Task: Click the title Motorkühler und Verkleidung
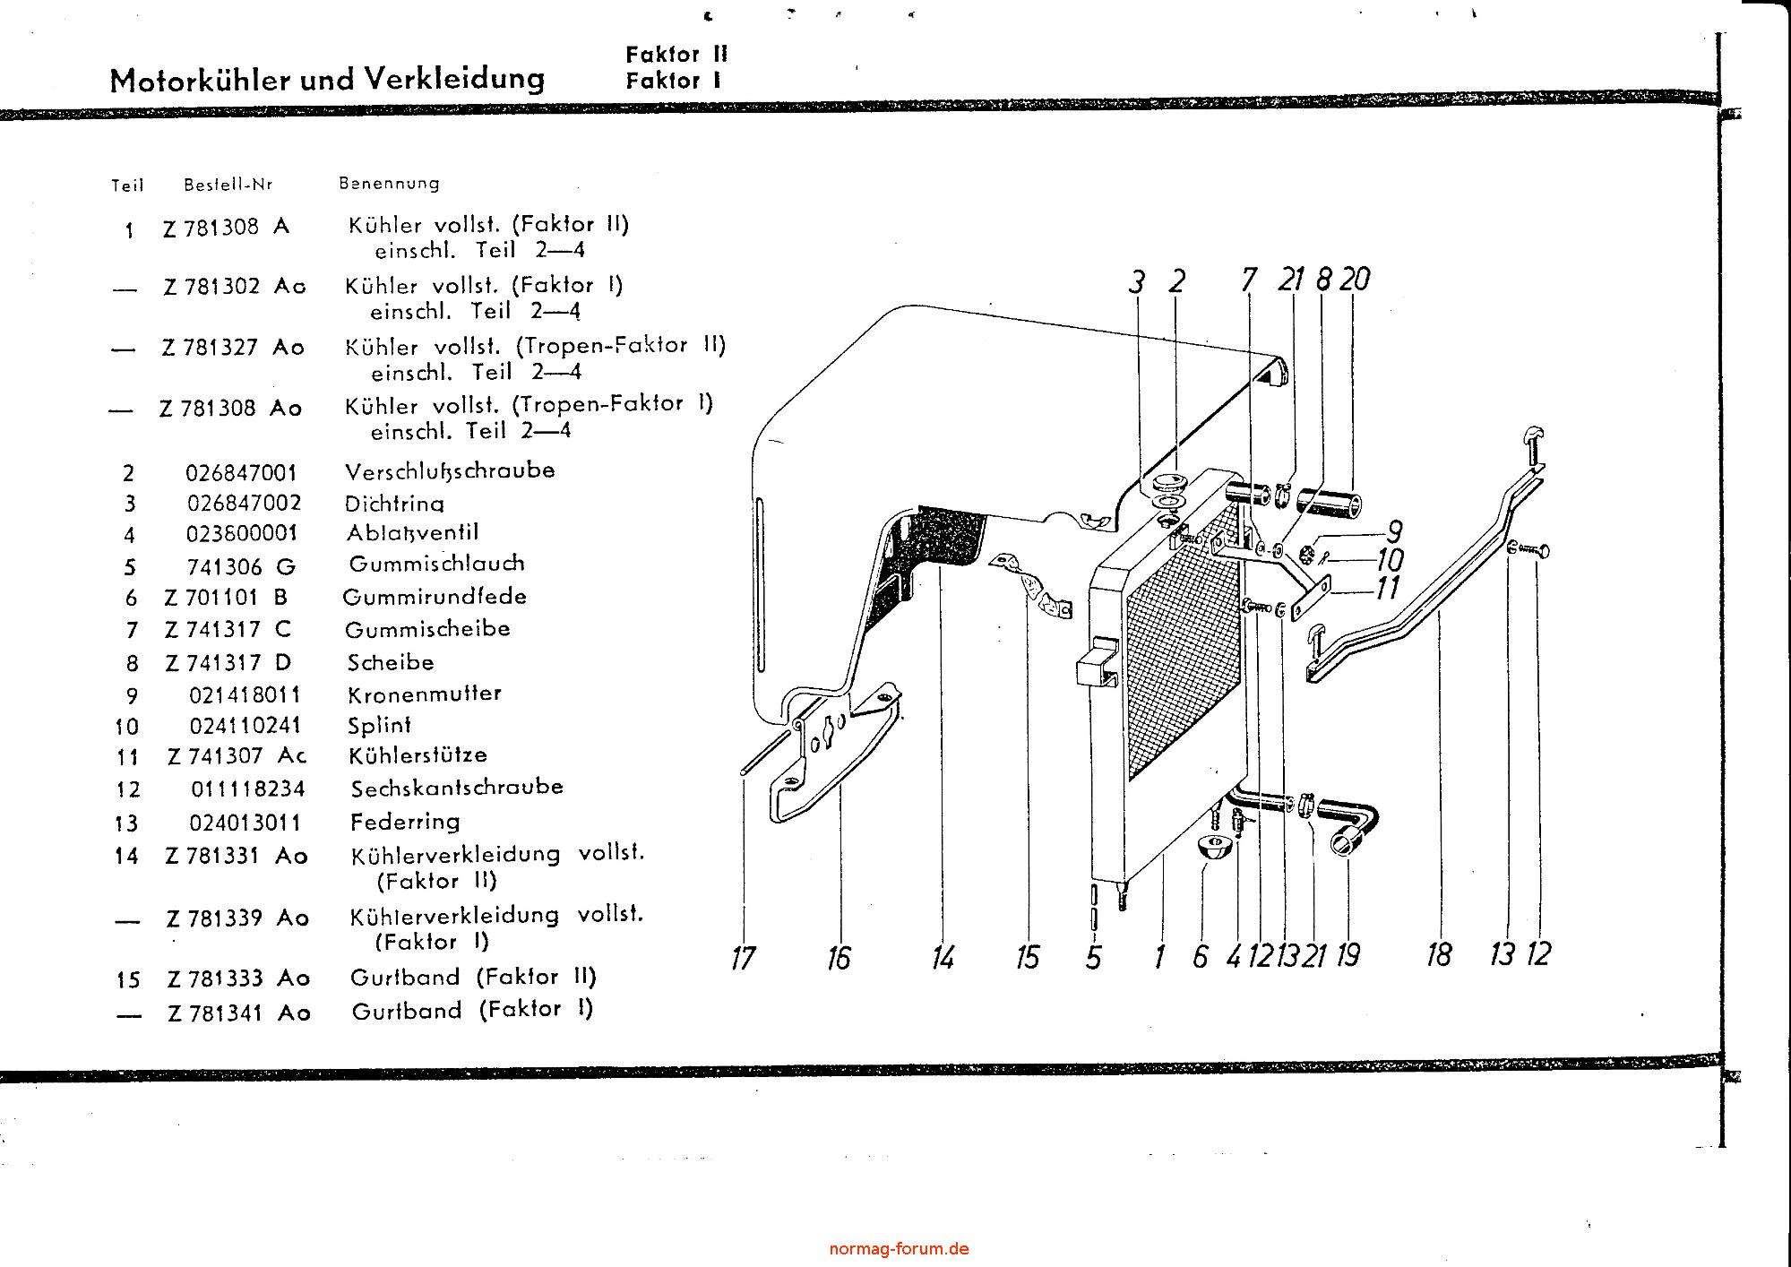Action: (327, 80)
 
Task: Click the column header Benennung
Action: (389, 184)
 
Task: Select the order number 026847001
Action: (241, 472)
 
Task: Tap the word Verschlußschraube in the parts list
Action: (450, 470)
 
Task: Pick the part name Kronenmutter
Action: (425, 694)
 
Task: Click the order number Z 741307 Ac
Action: (237, 756)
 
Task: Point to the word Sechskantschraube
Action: (457, 788)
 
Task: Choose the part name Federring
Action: (405, 822)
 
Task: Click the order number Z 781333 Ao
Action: (238, 978)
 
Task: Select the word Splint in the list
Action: (380, 725)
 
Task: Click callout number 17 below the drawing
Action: (743, 959)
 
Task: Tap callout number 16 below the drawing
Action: (839, 959)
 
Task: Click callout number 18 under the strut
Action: (1438, 955)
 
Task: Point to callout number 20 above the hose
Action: (1355, 280)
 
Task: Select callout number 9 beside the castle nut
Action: (1393, 531)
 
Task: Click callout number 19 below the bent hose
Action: (1348, 955)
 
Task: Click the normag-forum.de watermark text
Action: (899, 1248)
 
